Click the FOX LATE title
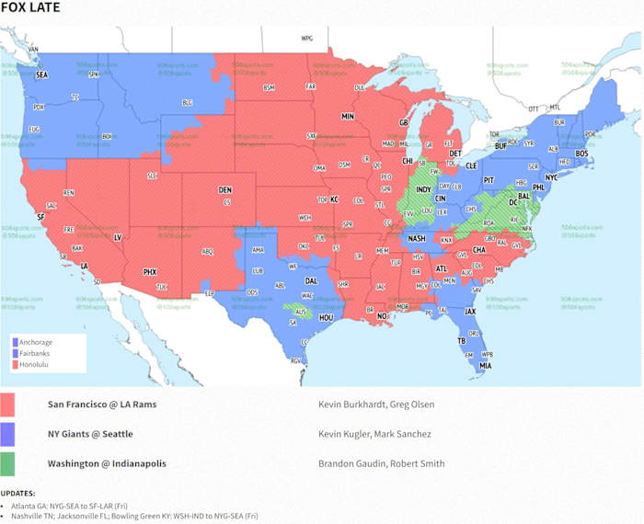[30, 8]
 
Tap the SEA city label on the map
[41, 75]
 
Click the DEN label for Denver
[224, 190]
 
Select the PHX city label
[150, 271]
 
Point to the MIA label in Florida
[485, 365]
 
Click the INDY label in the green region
[423, 190]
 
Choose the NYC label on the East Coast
[551, 177]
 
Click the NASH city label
[417, 238]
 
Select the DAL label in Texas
[312, 281]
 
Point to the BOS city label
[581, 153]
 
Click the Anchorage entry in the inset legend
[35, 342]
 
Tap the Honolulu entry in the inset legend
[34, 364]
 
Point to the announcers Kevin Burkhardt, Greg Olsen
[374, 404]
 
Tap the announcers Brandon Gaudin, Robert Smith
[381, 463]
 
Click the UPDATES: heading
[20, 494]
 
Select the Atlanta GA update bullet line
[132, 506]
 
